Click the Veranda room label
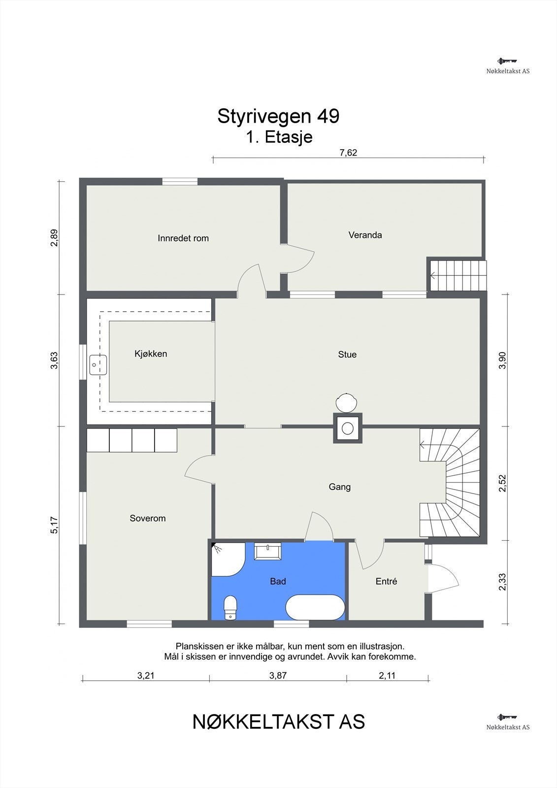365,235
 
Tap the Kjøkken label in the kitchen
151,354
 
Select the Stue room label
347,355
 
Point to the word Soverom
147,518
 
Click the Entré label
386,582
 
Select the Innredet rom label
183,238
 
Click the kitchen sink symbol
98,365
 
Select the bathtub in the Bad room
315,608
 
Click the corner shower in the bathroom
225,560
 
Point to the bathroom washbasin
268,552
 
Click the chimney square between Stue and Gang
348,428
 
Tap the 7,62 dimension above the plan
348,153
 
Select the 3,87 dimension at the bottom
278,675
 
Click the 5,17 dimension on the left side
55,525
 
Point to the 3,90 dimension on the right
502,360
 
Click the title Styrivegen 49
278,116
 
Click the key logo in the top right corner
507,61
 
